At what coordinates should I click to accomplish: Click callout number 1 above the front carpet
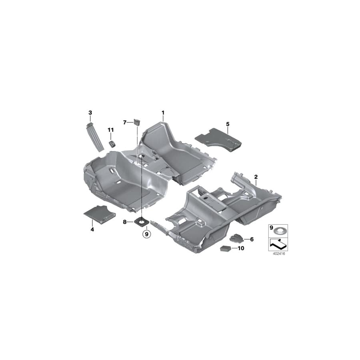[x=163, y=113]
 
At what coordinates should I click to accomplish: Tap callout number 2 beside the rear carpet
[x=256, y=176]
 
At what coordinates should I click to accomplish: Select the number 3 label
[x=90, y=113]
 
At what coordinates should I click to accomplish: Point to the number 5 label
[x=228, y=124]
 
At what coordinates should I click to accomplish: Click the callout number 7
[x=125, y=122]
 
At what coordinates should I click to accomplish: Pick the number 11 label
[x=110, y=130]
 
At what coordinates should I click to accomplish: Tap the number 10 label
[x=241, y=248]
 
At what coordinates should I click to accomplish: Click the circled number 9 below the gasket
[x=146, y=233]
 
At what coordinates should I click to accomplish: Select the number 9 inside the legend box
[x=272, y=228]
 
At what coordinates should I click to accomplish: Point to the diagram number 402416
[x=278, y=253]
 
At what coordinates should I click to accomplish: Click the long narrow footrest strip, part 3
[x=94, y=138]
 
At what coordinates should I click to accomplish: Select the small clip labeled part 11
[x=112, y=144]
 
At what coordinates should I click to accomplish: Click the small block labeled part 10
[x=225, y=248]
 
